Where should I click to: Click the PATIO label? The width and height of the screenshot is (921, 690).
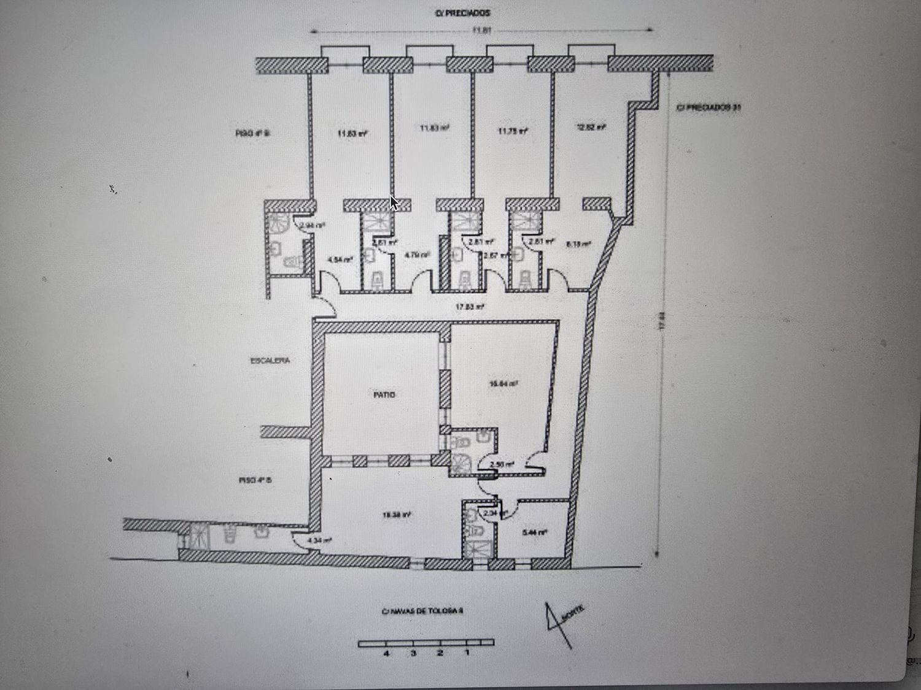pyautogui.click(x=384, y=395)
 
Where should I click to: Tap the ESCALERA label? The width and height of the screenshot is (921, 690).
pyautogui.click(x=270, y=361)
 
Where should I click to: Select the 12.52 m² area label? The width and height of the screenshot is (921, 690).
pyautogui.click(x=591, y=128)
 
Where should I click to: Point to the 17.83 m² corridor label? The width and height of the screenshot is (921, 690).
pyautogui.click(x=470, y=307)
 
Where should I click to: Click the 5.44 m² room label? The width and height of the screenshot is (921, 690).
pyautogui.click(x=534, y=532)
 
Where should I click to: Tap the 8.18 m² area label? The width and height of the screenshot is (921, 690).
pyautogui.click(x=578, y=244)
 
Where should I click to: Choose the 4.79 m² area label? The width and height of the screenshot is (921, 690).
pyautogui.click(x=417, y=255)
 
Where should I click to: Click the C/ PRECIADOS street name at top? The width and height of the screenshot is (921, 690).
pyautogui.click(x=463, y=13)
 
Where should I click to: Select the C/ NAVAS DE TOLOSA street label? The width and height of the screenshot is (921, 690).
pyautogui.click(x=422, y=611)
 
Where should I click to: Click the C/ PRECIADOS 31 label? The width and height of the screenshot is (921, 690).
pyautogui.click(x=708, y=107)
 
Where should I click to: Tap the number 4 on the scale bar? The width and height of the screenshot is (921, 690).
pyautogui.click(x=386, y=653)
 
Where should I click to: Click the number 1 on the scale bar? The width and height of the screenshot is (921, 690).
pyautogui.click(x=467, y=653)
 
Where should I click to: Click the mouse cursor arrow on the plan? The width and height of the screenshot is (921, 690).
pyautogui.click(x=394, y=203)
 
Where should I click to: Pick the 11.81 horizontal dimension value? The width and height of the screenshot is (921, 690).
pyautogui.click(x=482, y=30)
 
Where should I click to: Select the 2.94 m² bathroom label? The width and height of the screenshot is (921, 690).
pyautogui.click(x=311, y=226)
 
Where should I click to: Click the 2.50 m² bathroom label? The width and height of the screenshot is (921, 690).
pyautogui.click(x=503, y=464)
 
